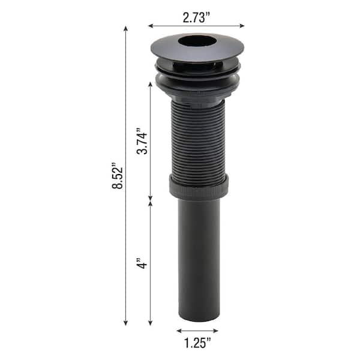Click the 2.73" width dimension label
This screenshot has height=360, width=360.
(196, 17)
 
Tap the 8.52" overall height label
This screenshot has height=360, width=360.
(118, 176)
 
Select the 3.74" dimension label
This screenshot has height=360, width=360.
(142, 143)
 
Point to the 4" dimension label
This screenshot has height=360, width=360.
(142, 263)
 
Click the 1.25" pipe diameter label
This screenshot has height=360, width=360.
(197, 343)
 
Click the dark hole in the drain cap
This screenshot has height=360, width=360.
(197, 41)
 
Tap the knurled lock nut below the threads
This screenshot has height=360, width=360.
(199, 187)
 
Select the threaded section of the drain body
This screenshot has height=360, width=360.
(198, 142)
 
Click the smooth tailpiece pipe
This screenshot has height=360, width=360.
(199, 259)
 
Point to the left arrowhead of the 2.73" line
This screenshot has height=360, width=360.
(151, 26)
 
